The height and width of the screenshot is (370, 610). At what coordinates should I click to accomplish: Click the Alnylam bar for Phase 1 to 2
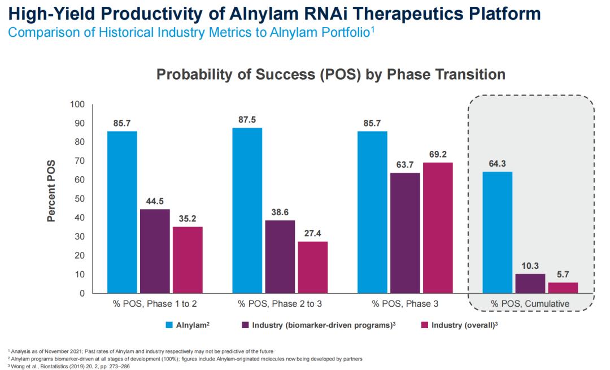(122, 212)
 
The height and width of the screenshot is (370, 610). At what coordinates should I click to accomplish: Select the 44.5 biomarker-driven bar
(155, 251)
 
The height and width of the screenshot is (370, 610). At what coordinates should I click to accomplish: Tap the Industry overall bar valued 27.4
(312, 267)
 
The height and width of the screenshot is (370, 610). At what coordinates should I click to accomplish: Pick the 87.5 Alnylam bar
(247, 210)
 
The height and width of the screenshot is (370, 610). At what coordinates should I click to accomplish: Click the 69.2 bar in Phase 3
(438, 228)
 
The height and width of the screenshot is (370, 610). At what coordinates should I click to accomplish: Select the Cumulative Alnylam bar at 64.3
(497, 232)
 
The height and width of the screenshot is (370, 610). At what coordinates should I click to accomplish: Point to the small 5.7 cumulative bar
(563, 288)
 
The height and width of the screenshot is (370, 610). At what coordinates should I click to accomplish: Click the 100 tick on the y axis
(76, 105)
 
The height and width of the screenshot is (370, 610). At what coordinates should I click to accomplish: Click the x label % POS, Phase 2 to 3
(280, 304)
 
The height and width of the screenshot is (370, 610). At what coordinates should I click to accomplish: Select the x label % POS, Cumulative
(530, 304)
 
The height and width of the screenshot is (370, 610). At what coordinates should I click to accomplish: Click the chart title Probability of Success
(330, 75)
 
